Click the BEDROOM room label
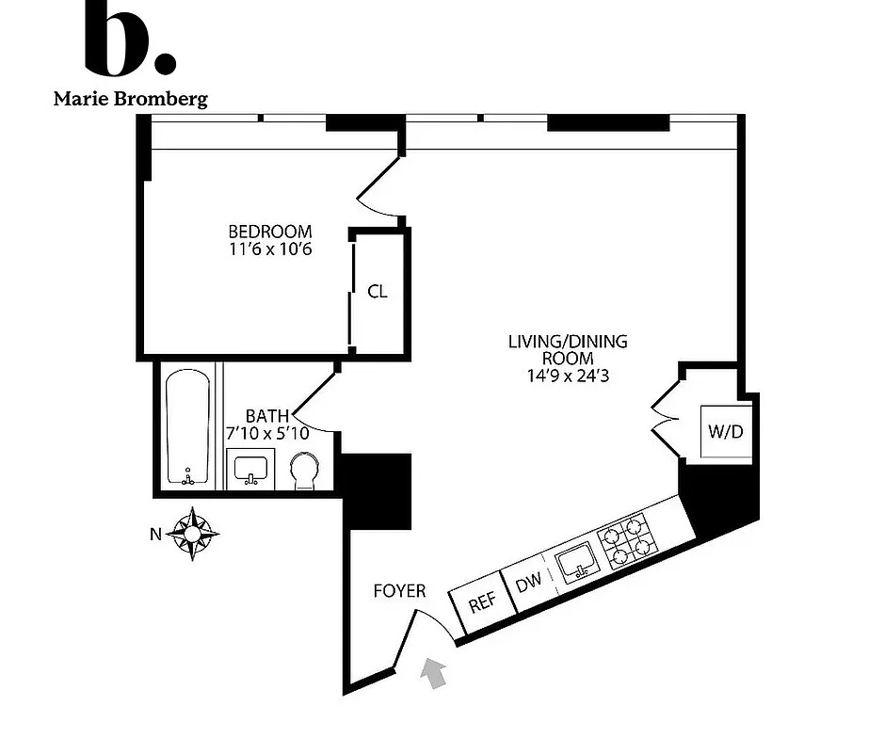270,232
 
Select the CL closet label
378,292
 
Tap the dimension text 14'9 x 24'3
567,376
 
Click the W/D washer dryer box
724,433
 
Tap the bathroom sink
250,468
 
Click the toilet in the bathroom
305,471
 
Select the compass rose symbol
194,534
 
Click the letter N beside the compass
156,534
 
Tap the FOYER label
399,591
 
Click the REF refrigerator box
481,603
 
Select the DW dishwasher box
528,584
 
